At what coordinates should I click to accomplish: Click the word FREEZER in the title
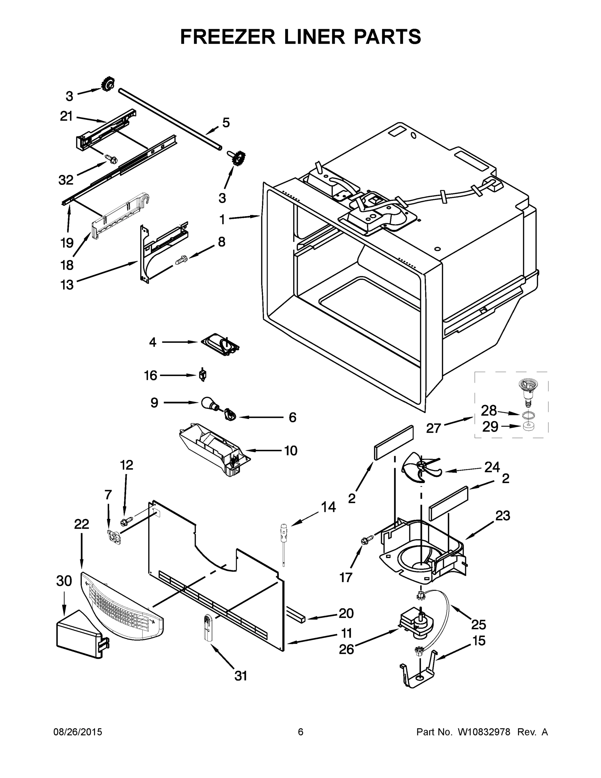click(227, 37)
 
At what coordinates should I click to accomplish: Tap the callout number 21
click(66, 116)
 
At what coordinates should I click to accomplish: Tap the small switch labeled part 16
click(202, 375)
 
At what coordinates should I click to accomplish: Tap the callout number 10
click(291, 451)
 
